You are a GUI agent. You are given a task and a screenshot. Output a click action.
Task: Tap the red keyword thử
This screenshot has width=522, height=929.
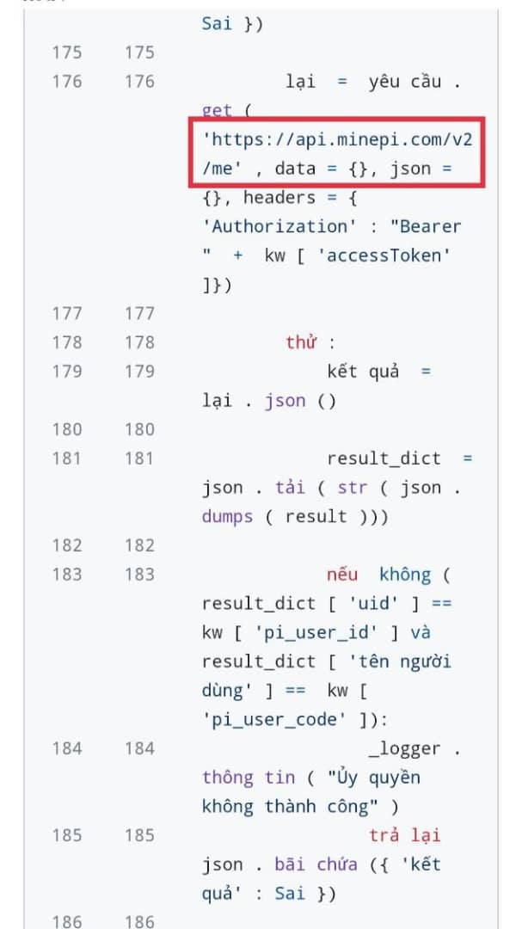[x=301, y=342]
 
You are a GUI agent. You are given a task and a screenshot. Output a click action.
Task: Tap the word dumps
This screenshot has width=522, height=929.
[x=227, y=516]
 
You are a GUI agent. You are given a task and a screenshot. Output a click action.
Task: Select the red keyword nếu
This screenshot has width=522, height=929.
[x=342, y=574]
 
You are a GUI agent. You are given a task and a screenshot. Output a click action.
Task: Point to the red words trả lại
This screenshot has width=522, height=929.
[x=404, y=835]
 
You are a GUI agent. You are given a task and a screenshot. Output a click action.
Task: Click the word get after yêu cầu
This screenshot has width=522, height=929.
[x=217, y=110]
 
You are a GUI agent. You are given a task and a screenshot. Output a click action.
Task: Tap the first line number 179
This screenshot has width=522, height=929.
[x=67, y=372]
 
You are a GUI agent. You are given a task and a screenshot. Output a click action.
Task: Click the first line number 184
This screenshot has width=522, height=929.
[x=67, y=748]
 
